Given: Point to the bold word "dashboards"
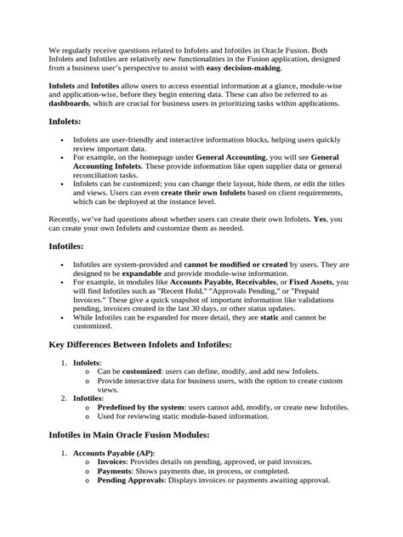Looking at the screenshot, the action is pos(69,104).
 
